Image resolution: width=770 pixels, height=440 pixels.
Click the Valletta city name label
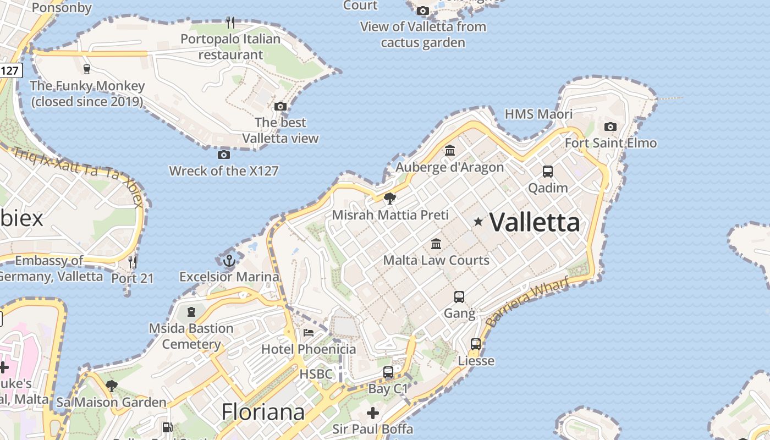pos(535,223)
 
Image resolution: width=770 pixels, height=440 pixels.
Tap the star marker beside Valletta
pos(479,222)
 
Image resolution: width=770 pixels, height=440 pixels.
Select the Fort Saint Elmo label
pos(610,143)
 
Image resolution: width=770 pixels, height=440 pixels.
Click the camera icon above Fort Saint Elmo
pos(610,127)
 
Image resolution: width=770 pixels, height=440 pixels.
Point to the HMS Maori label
pos(538,114)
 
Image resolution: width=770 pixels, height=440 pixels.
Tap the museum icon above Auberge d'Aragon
pos(450,150)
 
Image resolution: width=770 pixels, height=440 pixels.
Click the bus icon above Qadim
pos(548,171)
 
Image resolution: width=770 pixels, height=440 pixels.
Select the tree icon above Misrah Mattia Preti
pos(390,199)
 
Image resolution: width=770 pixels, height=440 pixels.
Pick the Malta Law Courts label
pos(436,260)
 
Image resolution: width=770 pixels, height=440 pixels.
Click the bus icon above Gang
pos(459,297)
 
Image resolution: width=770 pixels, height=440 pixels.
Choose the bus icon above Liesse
pos(476,344)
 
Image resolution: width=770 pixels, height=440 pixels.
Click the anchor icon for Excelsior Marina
pos(229,260)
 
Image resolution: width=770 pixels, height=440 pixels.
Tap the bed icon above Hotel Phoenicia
pos(309,333)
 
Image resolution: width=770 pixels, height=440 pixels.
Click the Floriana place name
pos(263,412)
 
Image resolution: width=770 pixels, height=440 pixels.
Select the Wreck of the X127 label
pos(224,171)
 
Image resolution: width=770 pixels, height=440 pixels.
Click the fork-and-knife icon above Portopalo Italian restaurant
pos(230,23)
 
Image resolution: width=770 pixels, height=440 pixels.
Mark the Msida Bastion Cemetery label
pos(191,336)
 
